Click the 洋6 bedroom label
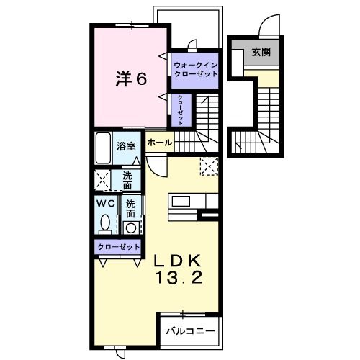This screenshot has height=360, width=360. [132, 78]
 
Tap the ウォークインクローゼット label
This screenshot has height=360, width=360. [195, 71]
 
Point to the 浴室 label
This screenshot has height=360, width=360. [127, 145]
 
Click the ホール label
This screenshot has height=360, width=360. [159, 143]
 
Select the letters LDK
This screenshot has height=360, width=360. [179, 261]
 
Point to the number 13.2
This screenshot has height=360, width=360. [180, 278]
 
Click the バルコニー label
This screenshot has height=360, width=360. [190, 331]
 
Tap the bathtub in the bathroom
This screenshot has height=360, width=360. [104, 148]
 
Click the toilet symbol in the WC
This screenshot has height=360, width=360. [105, 224]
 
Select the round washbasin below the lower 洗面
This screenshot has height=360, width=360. [130, 227]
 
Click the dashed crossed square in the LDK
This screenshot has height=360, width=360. [210, 166]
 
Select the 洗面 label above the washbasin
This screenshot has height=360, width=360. [131, 209]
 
